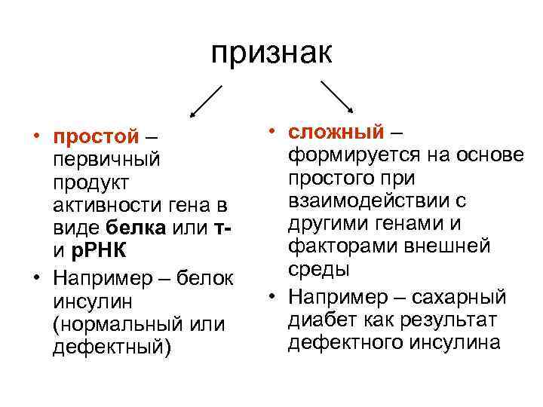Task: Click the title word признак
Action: [271, 52]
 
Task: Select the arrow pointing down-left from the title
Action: [205, 102]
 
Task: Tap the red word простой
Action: [96, 137]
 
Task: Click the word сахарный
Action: [468, 297]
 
